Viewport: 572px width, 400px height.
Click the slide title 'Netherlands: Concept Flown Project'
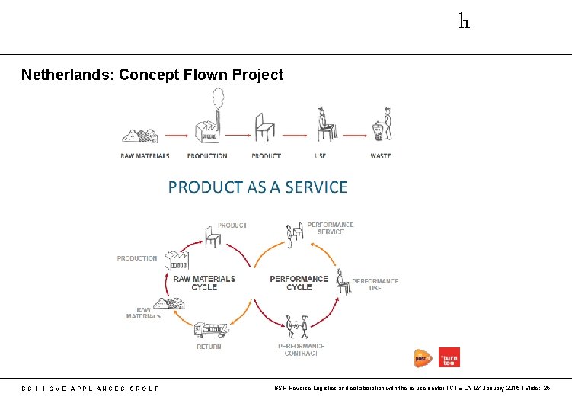click(152, 75)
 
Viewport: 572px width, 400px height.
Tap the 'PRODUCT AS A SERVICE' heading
click(257, 187)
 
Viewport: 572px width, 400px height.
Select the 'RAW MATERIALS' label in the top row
click(145, 156)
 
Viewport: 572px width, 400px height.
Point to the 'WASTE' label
click(380, 156)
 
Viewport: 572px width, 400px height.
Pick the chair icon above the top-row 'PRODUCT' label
click(264, 126)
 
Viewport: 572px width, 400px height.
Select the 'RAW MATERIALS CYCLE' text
click(204, 283)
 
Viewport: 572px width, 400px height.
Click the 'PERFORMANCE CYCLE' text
click(299, 283)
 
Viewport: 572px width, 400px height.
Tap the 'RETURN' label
click(209, 347)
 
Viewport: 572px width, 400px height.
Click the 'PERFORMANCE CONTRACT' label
click(302, 350)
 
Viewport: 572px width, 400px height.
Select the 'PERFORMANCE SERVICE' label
click(331, 228)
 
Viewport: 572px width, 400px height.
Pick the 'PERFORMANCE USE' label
click(375, 284)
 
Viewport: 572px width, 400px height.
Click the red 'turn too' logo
click(449, 357)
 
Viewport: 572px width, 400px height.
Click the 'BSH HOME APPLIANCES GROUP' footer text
click(91, 389)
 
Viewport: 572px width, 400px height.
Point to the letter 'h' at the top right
click(464, 21)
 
